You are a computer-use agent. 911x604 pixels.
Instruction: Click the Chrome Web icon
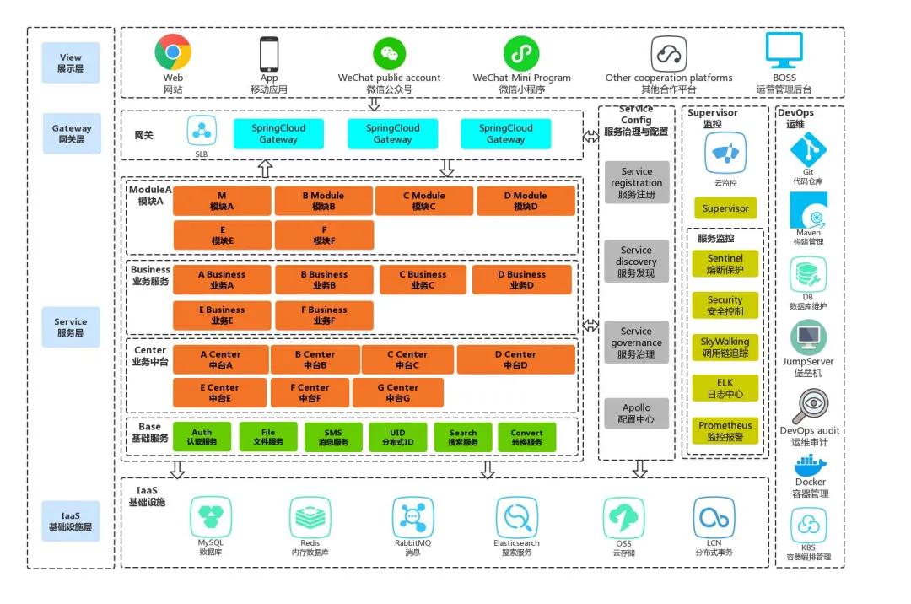(x=173, y=52)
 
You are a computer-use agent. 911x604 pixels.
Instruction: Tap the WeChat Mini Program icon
(x=521, y=53)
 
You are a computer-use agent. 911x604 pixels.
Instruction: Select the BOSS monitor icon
(x=784, y=51)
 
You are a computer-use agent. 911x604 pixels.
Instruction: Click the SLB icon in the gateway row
(x=202, y=131)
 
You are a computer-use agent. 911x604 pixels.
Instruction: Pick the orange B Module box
(x=323, y=201)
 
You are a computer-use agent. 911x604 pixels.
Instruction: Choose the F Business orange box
(x=323, y=315)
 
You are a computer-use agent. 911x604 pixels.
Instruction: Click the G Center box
(x=397, y=393)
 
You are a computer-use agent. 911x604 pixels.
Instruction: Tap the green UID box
(x=397, y=437)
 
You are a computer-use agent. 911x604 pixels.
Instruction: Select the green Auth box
(x=202, y=437)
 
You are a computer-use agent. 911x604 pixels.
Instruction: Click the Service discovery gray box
(x=636, y=262)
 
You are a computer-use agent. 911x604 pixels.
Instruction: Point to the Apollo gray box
(x=636, y=413)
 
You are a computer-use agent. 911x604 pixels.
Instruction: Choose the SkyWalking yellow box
(x=725, y=348)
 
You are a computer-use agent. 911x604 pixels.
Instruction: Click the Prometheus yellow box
(x=725, y=431)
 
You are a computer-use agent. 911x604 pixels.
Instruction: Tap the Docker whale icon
(x=810, y=464)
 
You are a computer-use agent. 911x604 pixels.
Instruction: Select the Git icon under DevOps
(x=808, y=151)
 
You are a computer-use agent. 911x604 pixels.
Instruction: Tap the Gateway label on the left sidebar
(x=72, y=133)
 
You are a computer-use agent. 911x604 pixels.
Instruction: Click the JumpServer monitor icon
(x=808, y=338)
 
